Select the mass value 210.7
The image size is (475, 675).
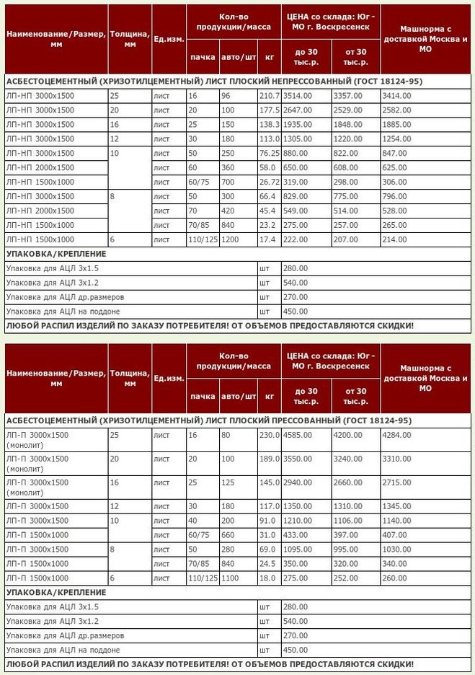click(x=269, y=96)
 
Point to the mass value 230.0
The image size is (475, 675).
click(x=269, y=435)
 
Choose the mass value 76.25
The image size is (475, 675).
click(x=270, y=154)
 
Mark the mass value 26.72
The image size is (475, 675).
click(x=270, y=182)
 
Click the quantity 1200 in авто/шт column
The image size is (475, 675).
click(x=231, y=239)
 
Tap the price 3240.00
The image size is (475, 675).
click(x=347, y=459)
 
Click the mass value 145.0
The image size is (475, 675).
click(x=269, y=482)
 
